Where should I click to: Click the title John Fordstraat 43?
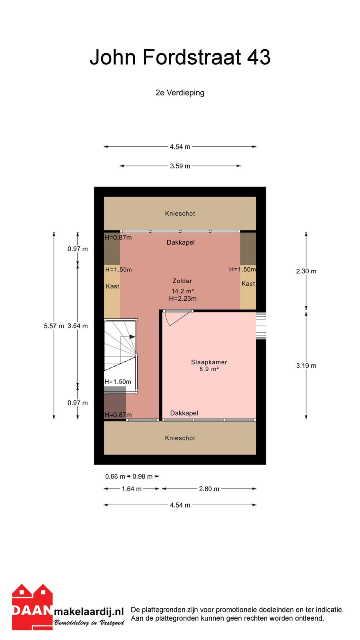point(180,57)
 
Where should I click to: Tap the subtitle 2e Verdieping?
point(180,92)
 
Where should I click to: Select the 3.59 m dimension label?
point(180,166)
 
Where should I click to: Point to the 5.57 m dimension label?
point(54,326)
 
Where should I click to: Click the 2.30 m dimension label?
point(306,271)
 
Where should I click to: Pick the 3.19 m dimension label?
point(306,366)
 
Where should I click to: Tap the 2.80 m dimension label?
point(209,489)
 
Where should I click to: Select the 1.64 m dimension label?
point(132,489)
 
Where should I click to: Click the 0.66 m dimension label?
point(115,476)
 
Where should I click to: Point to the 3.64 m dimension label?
point(78,326)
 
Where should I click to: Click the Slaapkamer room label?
point(209,362)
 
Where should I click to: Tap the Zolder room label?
point(182,281)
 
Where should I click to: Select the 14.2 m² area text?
point(182,291)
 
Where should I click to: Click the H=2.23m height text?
point(182,298)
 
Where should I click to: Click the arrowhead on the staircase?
point(132,337)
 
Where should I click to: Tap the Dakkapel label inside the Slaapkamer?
point(184,413)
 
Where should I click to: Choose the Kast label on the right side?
point(248,284)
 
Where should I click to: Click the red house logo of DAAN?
point(32,607)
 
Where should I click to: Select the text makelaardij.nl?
point(89,612)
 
